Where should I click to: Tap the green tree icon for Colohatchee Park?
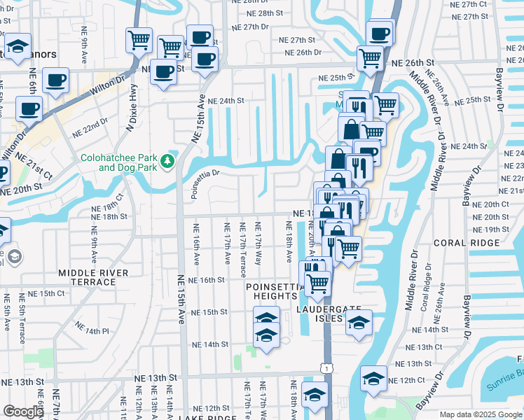[167, 162]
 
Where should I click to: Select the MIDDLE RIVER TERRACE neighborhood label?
[93, 277]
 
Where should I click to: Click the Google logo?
[23, 412]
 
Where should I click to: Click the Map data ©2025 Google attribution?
[480, 414]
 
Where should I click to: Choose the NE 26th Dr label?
[303, 52]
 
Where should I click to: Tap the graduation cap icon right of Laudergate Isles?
[359, 323]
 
